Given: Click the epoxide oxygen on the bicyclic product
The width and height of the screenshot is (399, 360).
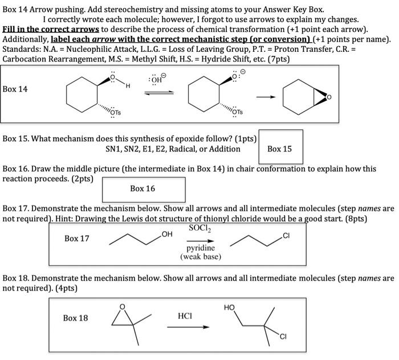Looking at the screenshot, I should click(327, 97).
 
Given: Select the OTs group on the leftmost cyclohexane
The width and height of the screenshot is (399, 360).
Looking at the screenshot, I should click(115, 112).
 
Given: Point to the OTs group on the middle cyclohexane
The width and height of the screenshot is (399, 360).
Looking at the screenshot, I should click(237, 112).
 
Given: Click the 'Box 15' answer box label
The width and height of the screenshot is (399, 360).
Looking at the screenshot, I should click(279, 149).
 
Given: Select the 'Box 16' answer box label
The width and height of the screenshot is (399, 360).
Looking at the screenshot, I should click(142, 189).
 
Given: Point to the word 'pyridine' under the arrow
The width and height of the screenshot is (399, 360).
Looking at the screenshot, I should click(200, 248).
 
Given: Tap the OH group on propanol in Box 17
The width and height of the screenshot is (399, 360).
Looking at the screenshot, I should click(166, 234).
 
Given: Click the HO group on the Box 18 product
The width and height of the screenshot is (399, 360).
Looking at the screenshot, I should click(230, 308).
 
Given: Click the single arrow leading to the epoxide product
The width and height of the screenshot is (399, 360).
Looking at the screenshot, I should click(266, 96).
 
